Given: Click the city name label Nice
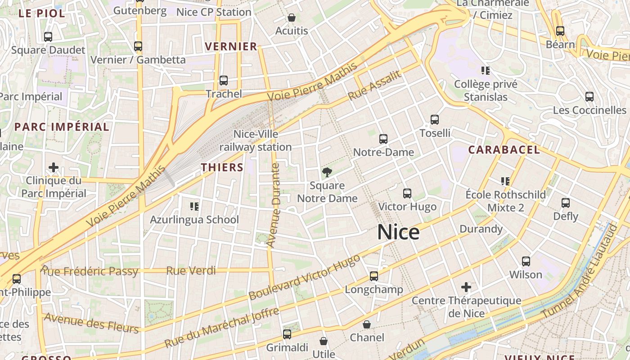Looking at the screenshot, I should click(398, 233).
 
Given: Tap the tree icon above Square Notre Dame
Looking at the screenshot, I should click(327, 172).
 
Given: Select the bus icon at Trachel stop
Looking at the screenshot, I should click(224, 81).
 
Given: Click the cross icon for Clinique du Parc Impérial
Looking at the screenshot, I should click(54, 167).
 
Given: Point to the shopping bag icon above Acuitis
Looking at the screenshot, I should click(292, 18).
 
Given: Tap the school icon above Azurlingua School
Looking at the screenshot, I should click(194, 207).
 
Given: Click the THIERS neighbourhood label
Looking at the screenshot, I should click(222, 167).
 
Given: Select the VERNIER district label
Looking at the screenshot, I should click(231, 46).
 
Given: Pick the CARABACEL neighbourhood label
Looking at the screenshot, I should click(504, 150).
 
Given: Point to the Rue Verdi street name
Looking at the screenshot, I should click(191, 271).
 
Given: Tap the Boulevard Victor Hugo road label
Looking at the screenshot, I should click(305, 277).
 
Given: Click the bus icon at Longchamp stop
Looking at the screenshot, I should click(374, 276).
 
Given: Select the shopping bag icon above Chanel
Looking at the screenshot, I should click(367, 324).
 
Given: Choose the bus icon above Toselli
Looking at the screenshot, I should click(435, 120).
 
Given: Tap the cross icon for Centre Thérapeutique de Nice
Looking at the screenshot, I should click(466, 287).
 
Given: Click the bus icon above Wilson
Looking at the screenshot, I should click(526, 261).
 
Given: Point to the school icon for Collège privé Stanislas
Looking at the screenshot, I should click(486, 70).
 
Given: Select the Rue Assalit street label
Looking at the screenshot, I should click(374, 86).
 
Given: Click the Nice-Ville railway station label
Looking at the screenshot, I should click(256, 140).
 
